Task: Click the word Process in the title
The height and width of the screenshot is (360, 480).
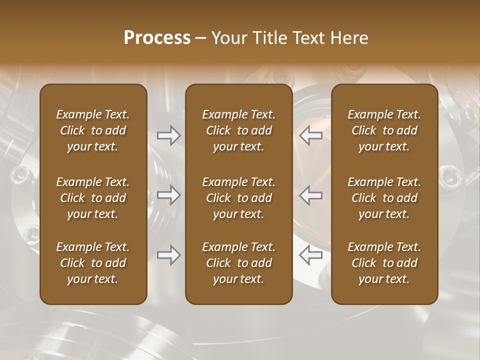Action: coord(157,38)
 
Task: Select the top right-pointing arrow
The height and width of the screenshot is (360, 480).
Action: coord(168,135)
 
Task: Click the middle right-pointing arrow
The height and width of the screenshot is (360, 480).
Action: coord(168,195)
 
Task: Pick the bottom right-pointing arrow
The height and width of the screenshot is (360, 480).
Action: coord(168,255)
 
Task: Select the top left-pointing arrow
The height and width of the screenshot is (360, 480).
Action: coord(310,135)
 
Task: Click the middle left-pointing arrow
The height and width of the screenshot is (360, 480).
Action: coord(310,195)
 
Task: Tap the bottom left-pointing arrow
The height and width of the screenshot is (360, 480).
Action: coord(310,255)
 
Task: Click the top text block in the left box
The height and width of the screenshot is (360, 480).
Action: coord(93,130)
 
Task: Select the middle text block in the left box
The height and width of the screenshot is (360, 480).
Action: coord(93,198)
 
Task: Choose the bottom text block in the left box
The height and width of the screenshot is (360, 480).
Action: coord(93,263)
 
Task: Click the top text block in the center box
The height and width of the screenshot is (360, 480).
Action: coord(238,130)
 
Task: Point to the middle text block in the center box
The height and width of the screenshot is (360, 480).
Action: coord(238,198)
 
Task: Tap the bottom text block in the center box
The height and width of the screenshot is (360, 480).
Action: coord(238,263)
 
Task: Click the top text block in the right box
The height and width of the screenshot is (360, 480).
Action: coord(384,130)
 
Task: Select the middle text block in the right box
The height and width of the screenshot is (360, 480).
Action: coord(384,198)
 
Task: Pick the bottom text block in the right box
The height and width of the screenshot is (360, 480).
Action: coord(384,263)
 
